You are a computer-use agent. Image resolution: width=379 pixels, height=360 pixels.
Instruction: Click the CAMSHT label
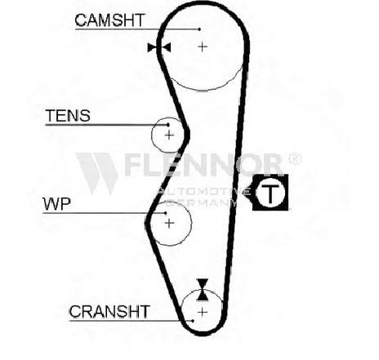[109, 20]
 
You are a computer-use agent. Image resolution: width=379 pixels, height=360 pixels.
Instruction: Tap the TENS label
[68, 116]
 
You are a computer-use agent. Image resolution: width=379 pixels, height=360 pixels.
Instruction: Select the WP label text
[57, 204]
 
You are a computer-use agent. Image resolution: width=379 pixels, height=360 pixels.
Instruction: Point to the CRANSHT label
[109, 312]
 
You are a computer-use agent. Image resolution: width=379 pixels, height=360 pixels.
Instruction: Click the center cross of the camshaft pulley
[203, 47]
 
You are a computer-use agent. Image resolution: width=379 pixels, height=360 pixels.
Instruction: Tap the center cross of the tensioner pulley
[169, 135]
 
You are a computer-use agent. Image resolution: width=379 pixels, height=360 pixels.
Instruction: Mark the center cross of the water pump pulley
[169, 223]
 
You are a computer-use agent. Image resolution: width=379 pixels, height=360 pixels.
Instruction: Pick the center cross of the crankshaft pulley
[203, 312]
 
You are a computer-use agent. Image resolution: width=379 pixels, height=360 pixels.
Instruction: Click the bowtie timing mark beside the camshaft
[159, 47]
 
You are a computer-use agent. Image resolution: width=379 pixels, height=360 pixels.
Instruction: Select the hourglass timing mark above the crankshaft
[203, 290]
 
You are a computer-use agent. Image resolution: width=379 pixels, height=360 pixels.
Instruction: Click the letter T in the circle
[270, 193]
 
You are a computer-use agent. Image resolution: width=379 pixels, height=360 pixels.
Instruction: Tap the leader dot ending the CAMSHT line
[199, 29]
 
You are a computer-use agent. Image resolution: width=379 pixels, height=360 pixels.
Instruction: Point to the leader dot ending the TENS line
[168, 125]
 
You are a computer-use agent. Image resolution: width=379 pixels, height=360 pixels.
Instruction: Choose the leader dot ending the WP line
[165, 213]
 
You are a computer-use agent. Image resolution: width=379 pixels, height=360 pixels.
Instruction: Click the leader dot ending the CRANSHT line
[193, 321]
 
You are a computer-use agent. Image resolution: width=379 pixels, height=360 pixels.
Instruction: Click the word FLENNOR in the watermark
[203, 164]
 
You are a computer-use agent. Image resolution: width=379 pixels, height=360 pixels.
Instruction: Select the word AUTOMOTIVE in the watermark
[203, 192]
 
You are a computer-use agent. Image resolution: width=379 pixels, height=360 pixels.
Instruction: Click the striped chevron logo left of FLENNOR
[96, 173]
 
